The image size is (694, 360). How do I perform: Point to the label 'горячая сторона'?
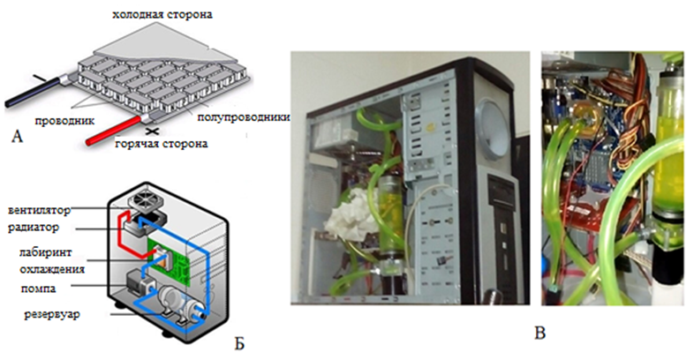coord(160,144)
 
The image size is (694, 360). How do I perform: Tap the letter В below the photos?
coord(540,333)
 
